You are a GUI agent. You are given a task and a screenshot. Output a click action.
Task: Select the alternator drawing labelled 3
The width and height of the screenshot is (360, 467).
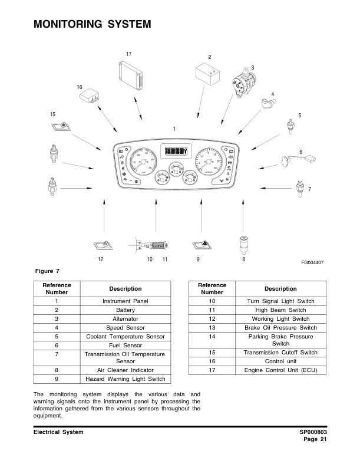(x=243, y=83)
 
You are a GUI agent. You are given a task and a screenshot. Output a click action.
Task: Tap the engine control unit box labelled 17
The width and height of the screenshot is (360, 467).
(x=134, y=75)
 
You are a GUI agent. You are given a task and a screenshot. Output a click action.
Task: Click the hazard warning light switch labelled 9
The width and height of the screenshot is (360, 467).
(x=199, y=245)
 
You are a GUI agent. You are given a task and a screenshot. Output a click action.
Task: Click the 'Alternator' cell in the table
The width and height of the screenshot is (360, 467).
(x=125, y=318)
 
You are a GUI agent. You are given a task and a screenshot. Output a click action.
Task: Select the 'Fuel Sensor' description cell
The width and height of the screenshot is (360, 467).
(x=125, y=345)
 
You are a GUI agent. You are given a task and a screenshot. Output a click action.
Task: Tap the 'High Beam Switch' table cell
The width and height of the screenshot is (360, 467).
(x=280, y=310)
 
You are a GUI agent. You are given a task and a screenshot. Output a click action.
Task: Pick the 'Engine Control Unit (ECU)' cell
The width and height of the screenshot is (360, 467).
(x=280, y=370)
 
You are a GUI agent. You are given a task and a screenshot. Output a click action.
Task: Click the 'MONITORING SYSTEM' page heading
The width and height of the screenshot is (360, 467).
(x=93, y=25)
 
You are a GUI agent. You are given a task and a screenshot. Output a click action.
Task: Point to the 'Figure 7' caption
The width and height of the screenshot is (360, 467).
(x=48, y=271)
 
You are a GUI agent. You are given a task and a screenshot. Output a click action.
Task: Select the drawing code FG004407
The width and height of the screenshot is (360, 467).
(x=313, y=262)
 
